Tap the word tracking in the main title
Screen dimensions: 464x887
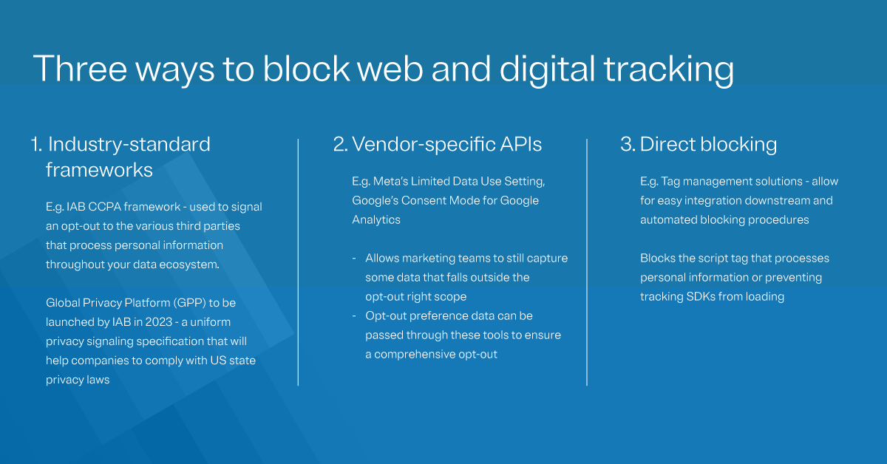click(668, 69)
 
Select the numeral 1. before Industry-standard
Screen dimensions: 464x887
click(37, 145)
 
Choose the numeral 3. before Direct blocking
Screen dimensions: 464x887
click(628, 145)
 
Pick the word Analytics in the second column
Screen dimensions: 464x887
click(377, 219)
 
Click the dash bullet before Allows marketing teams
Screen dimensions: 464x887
click(354, 259)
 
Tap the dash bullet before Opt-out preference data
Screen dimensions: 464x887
click(354, 316)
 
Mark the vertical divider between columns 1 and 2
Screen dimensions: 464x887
click(298, 262)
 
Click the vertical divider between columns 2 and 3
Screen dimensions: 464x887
click(587, 262)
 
